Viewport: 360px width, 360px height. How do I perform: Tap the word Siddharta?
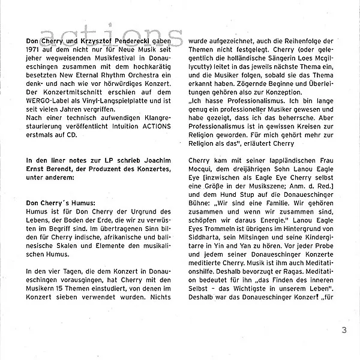click(208, 247)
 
